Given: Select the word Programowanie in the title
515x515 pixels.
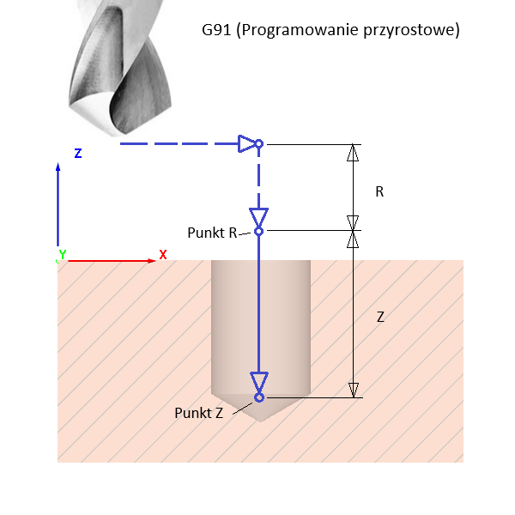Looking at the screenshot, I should (x=294, y=31).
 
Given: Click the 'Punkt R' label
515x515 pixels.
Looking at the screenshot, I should (x=212, y=232).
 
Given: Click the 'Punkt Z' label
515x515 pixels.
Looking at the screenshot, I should (x=198, y=413).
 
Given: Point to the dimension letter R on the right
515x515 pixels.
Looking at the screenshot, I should (x=379, y=192).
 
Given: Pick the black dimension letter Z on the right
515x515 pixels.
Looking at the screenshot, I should (x=380, y=317).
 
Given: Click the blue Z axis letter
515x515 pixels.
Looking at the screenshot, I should (x=77, y=153).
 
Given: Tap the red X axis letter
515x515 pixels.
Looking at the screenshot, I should (x=162, y=255).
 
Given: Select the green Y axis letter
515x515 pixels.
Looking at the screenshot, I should (x=62, y=255).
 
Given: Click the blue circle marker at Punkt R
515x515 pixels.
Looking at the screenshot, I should (x=258, y=230).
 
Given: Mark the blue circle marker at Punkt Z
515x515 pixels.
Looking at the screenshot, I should (x=258, y=397).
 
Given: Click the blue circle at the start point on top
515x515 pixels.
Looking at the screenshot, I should (x=258, y=144).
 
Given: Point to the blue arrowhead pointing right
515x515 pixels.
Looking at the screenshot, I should (x=247, y=144).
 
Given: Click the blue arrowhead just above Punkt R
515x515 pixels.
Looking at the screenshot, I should (x=258, y=215).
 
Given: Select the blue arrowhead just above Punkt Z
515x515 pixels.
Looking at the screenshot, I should (x=258, y=382).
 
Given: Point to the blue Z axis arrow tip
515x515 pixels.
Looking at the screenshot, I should (x=58, y=167).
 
